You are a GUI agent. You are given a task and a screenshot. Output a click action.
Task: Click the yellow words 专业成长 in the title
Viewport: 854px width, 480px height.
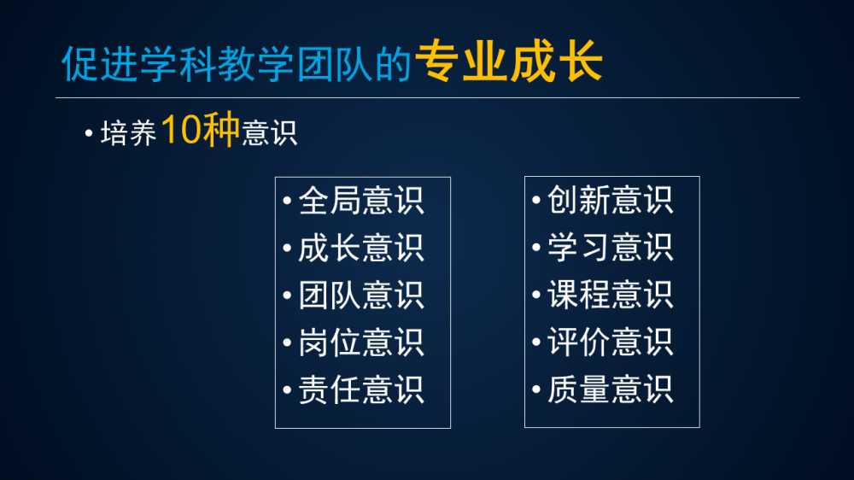(509, 61)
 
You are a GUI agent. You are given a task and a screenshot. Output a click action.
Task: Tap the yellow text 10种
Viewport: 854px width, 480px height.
(201, 130)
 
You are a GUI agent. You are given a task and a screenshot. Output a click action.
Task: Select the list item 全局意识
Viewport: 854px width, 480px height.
(361, 201)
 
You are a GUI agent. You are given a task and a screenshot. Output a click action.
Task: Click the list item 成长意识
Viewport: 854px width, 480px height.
(361, 249)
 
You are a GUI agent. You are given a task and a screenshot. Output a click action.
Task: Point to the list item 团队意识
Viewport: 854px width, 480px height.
(361, 296)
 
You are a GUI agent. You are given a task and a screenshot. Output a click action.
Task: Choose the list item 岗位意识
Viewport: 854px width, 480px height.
(361, 342)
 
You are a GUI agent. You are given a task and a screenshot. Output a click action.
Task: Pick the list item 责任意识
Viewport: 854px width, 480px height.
(361, 390)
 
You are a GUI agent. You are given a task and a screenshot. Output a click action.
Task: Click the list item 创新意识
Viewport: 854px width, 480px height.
(610, 200)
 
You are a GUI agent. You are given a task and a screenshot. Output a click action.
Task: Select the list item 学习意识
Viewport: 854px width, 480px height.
(610, 248)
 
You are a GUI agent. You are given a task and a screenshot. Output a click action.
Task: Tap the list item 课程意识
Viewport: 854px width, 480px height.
(610, 295)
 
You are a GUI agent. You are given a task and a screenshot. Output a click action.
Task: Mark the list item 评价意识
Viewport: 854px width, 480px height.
(610, 342)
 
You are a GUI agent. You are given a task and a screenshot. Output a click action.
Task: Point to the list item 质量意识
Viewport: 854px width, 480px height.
(610, 389)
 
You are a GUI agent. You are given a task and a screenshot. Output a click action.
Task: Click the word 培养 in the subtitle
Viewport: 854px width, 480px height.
(129, 133)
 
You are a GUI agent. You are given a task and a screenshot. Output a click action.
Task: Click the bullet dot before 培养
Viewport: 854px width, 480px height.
(89, 133)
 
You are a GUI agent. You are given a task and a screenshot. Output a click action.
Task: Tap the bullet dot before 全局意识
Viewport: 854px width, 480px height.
(287, 201)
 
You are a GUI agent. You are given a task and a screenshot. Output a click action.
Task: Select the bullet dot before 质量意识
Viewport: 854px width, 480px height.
(536, 389)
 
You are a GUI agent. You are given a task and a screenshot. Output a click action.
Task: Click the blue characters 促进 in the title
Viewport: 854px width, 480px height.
(100, 64)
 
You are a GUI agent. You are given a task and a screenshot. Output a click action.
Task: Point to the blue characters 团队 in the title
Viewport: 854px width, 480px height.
(335, 64)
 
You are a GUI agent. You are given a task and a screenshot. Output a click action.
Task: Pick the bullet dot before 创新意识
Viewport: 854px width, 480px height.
(536, 200)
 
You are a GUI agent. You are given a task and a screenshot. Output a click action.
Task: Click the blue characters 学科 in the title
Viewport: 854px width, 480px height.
(178, 64)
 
